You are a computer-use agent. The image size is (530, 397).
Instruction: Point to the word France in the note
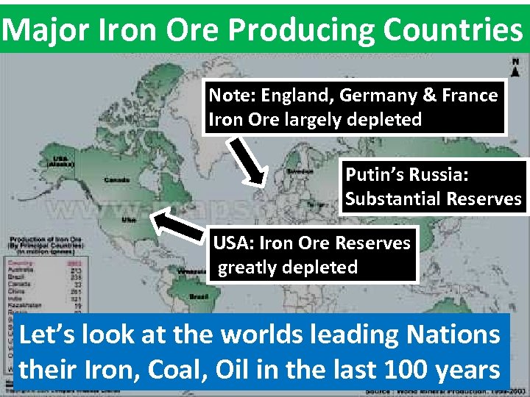click(x=469, y=96)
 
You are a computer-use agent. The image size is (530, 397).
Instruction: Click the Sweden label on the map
click(x=301, y=171)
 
